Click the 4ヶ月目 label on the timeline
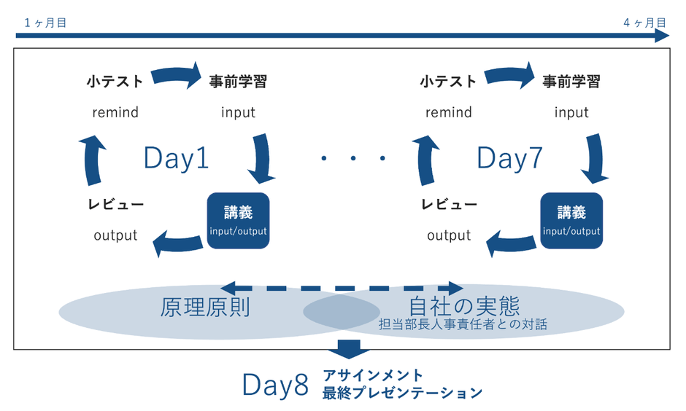pos(644,23)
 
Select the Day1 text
pos(176,158)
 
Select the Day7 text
pos(509,158)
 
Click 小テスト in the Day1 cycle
pos(115,82)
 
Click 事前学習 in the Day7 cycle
pos(571,82)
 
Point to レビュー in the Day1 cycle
pos(115,204)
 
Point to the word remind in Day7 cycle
pos(449,112)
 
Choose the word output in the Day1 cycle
pos(115,235)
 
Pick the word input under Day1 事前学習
pos(238,112)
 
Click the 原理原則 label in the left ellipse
pos(205,308)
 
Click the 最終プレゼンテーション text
pos(402,393)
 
